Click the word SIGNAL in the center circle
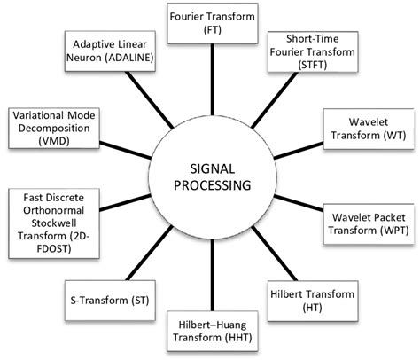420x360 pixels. pos(210,167)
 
